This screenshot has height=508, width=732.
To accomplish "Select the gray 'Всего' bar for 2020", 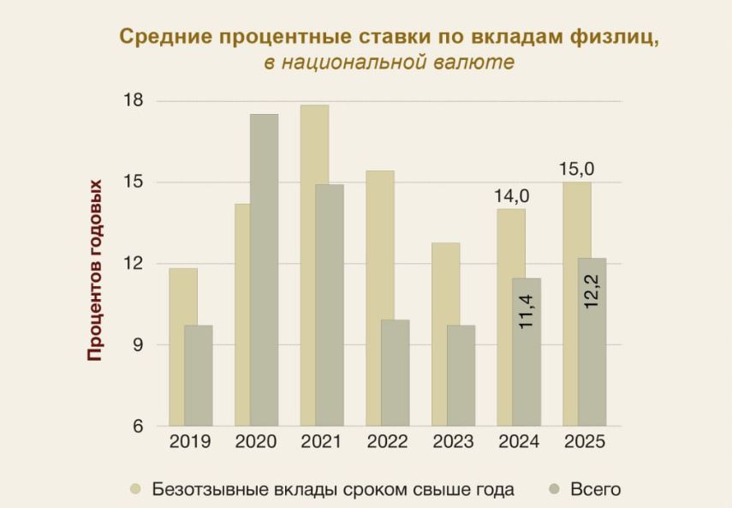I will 264,270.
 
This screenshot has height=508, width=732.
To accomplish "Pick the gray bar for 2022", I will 395,373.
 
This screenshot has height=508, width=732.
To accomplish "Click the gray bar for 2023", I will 461,375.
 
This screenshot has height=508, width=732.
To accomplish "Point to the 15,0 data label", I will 576,170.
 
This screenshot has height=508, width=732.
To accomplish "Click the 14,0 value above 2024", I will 511,196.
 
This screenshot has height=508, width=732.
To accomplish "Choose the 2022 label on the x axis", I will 387,442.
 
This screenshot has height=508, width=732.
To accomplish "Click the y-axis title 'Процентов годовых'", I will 95,269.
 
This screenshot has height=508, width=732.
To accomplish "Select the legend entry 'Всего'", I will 594,489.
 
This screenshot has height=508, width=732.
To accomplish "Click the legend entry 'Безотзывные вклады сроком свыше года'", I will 332,489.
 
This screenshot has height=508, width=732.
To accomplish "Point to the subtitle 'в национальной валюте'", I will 389,63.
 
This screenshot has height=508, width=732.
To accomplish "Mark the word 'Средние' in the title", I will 162,38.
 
